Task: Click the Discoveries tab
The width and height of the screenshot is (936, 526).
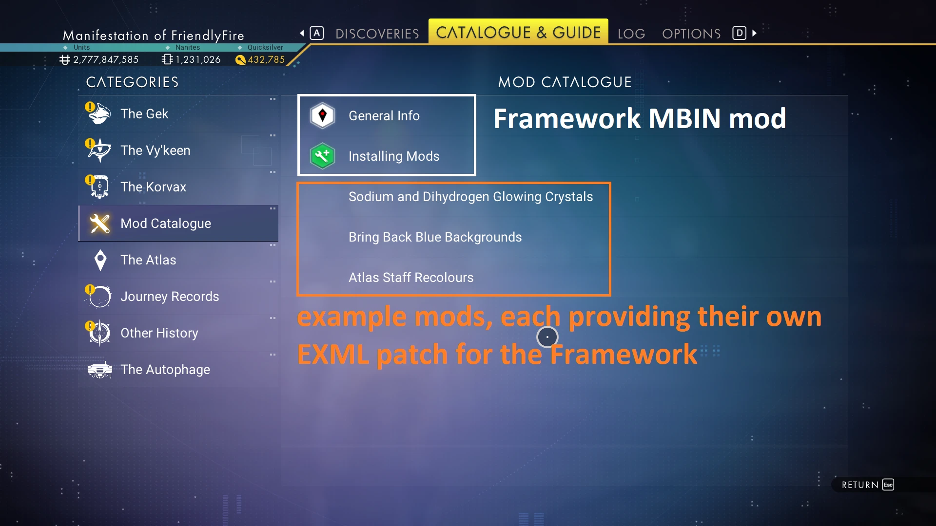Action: coord(377,34)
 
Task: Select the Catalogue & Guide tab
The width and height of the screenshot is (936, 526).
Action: coord(518,32)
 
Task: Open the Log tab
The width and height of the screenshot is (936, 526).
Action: coord(631,34)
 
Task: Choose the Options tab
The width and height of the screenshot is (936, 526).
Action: coord(691,34)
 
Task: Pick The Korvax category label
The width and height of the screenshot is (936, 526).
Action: coord(154,187)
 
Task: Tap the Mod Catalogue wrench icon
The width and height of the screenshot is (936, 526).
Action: coord(100,224)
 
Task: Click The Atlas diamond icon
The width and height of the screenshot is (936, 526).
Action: coord(100,260)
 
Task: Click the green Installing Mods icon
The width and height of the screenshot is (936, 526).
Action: coord(322,156)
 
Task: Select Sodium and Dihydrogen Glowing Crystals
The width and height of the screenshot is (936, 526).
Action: coord(471,197)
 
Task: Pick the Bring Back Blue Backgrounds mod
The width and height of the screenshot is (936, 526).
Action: coord(435,237)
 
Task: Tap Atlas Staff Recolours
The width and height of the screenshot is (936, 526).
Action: coord(411,278)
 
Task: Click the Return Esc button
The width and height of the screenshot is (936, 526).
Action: coord(868,485)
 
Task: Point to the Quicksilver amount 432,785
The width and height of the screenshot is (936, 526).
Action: coord(266,59)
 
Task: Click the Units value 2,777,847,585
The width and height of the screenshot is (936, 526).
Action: coord(106,59)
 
